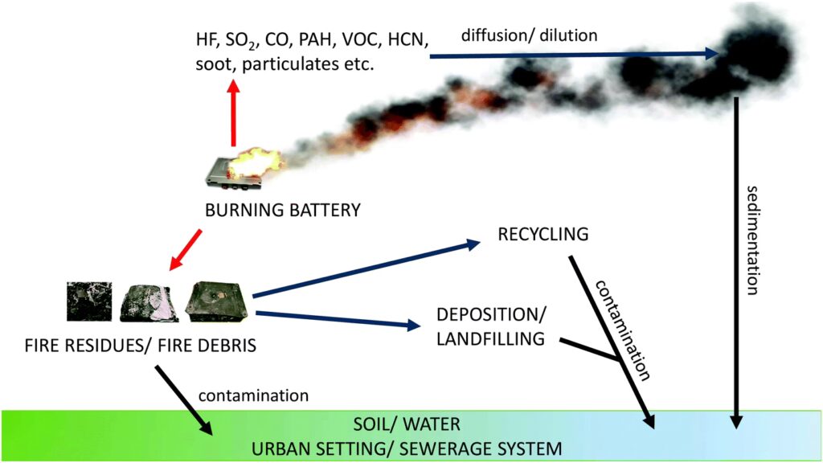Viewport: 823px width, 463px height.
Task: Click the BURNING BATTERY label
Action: tap(282, 211)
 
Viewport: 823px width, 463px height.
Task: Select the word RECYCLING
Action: tap(544, 235)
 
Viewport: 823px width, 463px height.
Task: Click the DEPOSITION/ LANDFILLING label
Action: tap(490, 326)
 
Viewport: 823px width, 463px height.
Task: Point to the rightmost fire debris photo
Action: tap(217, 301)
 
